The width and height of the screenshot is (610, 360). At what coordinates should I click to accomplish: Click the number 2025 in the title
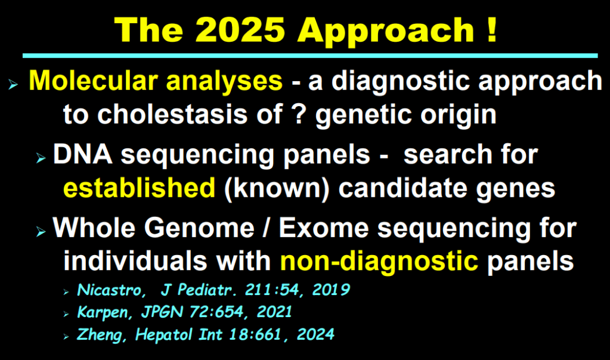click(240, 30)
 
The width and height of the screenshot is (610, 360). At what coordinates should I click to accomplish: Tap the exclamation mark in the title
click(491, 30)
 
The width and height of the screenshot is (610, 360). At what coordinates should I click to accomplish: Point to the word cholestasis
click(172, 114)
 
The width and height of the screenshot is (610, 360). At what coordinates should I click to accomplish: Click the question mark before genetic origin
click(299, 114)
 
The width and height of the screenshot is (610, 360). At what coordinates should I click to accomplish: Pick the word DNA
click(82, 154)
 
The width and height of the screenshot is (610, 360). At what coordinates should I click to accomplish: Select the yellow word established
click(140, 188)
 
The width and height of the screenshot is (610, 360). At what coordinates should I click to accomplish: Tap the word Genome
click(199, 228)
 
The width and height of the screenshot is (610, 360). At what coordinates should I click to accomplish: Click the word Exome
click(324, 228)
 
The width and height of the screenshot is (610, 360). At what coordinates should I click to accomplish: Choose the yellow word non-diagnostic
click(379, 262)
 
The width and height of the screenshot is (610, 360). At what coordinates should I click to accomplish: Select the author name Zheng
click(100, 335)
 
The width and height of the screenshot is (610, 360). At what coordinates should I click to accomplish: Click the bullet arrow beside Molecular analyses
click(13, 84)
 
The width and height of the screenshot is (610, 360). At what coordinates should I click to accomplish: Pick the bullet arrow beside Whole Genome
click(41, 232)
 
